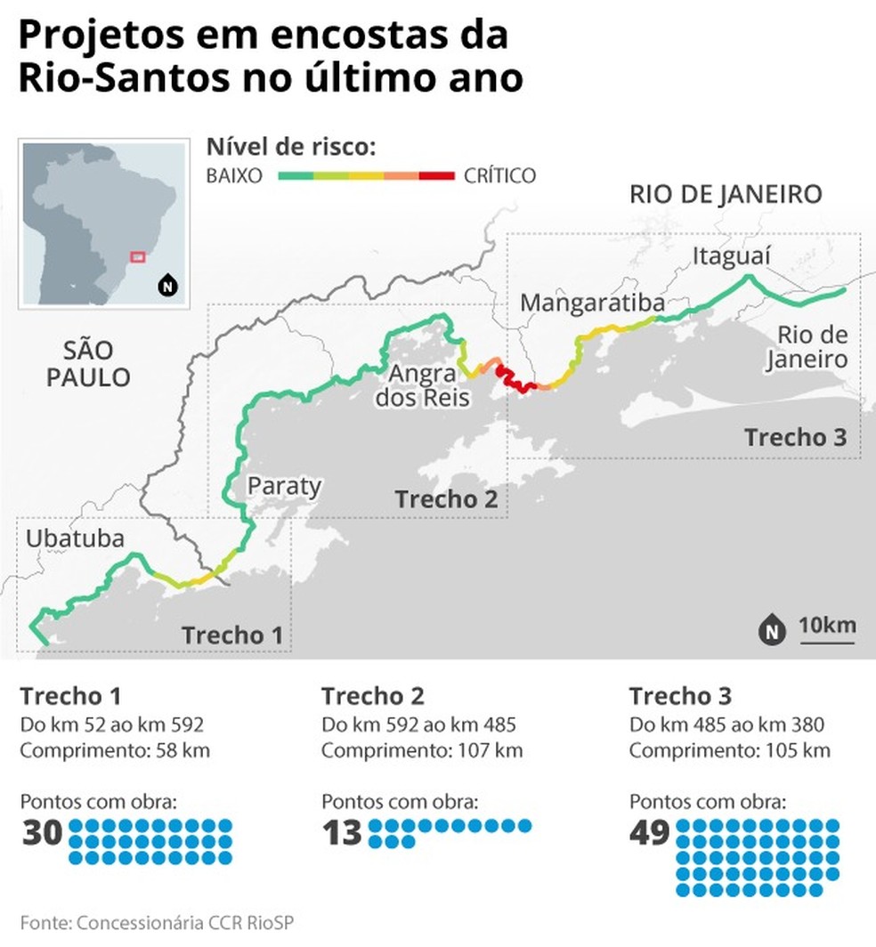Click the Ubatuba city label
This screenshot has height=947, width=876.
click(75, 538)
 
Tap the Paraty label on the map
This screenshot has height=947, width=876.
click(284, 486)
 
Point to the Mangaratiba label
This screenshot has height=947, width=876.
click(592, 303)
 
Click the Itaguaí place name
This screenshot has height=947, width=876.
click(731, 256)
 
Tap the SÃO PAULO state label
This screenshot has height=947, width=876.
click(88, 363)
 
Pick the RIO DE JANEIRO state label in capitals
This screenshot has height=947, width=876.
click(726, 194)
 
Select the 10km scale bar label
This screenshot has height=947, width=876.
click(827, 625)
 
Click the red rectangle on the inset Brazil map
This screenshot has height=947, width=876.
click(137, 256)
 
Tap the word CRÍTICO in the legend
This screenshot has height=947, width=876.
click(499, 175)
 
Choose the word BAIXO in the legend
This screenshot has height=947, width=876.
click(234, 175)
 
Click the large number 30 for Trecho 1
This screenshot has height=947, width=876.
click(42, 833)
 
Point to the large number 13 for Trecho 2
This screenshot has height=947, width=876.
click(343, 833)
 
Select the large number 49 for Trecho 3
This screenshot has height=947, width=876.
click(649, 833)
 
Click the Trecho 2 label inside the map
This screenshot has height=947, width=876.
click(446, 499)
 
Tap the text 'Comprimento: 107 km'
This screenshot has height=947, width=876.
click(422, 750)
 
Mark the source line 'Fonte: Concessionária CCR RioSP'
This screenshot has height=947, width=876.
click(156, 921)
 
